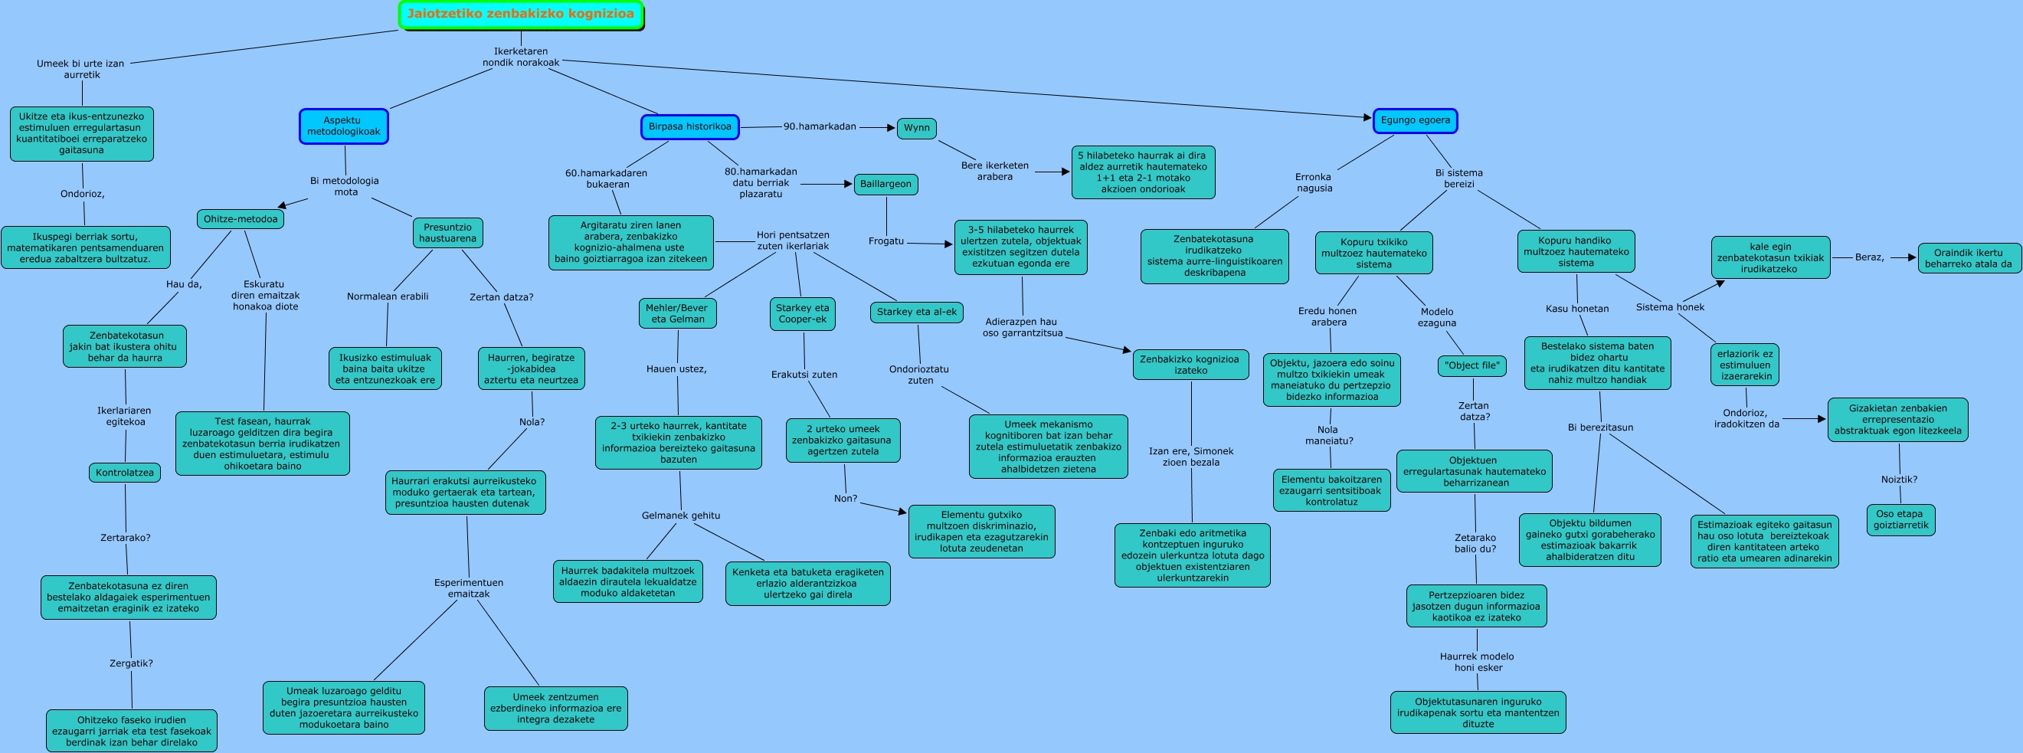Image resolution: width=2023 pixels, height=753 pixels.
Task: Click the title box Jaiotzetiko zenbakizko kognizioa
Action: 521,15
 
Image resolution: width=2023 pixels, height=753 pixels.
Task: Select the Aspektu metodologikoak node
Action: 343,126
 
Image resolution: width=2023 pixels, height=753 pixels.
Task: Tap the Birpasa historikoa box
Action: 689,126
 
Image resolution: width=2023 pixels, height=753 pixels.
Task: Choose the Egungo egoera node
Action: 1414,121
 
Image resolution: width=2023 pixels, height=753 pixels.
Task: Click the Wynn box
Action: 915,128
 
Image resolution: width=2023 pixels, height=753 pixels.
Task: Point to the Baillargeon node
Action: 885,185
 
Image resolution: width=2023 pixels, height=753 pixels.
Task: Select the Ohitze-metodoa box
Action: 241,219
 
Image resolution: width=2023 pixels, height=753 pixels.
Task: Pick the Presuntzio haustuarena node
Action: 447,232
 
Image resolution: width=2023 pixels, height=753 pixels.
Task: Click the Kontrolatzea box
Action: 124,473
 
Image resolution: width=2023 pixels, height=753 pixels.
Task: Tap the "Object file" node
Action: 1471,366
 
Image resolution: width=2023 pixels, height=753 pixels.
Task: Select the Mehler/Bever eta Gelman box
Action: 677,313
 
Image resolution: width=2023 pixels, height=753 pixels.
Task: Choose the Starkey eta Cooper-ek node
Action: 802,313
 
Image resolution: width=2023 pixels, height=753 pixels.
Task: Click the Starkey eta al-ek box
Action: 916,313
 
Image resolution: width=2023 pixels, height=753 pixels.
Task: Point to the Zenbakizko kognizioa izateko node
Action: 1190,365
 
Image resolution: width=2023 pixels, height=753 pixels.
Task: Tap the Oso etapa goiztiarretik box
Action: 1900,520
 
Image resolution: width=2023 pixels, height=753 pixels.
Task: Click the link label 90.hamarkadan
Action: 819,126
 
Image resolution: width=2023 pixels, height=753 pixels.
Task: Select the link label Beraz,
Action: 1869,257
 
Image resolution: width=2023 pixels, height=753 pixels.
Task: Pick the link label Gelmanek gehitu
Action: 680,516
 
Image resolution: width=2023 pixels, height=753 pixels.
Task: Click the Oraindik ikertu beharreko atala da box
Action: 1969,258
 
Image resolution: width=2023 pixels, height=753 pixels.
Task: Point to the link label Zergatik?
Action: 130,663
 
